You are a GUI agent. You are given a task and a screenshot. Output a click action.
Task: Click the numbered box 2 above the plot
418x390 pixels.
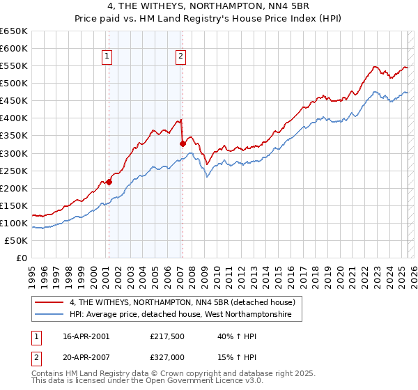point(181,57)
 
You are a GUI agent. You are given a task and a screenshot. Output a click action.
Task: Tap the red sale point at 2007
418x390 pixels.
point(183,144)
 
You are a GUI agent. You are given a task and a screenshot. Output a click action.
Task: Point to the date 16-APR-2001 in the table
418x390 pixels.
point(85,336)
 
